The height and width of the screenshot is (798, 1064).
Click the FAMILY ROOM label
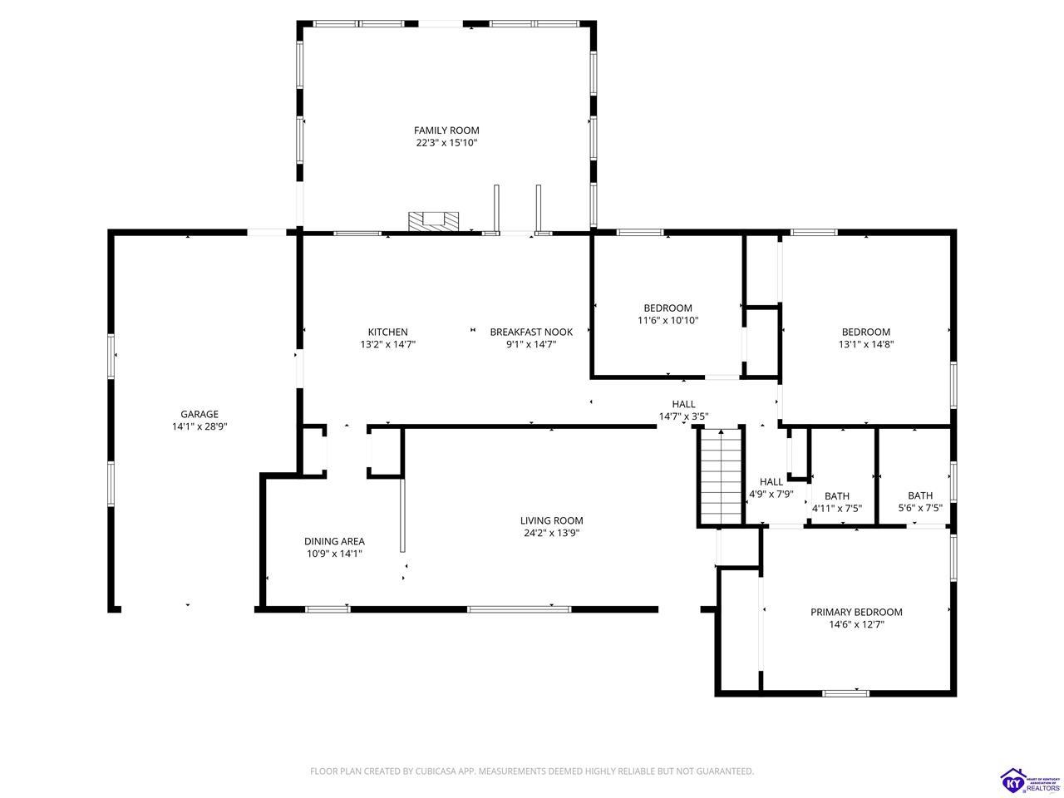click(446, 131)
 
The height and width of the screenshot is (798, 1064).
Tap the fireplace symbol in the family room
click(433, 221)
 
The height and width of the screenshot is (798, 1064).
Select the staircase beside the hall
click(722, 476)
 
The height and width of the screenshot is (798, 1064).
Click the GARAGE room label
click(199, 414)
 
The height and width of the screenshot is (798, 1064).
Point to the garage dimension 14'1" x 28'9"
click(199, 427)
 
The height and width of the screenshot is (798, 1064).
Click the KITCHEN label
click(387, 332)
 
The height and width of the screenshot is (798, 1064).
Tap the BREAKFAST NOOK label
click(531, 332)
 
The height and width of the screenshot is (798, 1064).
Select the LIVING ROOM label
click(551, 521)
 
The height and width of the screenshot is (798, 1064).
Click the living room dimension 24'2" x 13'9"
click(551, 534)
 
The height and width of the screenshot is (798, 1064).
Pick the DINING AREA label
click(334, 542)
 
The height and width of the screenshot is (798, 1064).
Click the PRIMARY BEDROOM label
click(856, 613)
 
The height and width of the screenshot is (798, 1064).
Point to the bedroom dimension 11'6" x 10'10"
click(667, 321)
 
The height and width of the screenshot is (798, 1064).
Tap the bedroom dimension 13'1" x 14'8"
click(865, 344)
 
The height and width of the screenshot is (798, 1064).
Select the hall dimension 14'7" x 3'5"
click(683, 416)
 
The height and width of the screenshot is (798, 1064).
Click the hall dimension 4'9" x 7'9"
click(771, 495)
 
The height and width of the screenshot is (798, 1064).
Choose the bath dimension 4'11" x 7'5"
click(837, 508)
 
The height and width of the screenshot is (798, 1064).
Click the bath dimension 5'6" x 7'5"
click(920, 508)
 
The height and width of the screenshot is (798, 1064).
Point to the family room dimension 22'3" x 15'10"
click(446, 143)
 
